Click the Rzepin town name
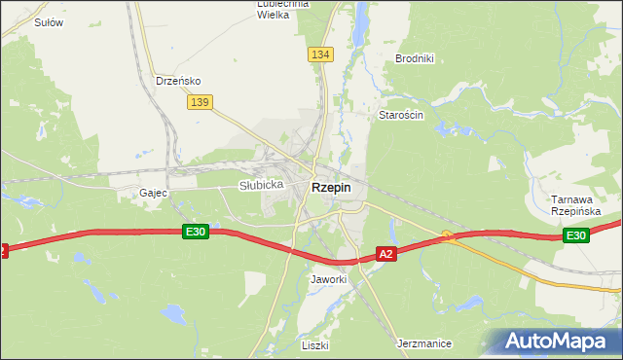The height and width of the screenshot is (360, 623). (331, 187)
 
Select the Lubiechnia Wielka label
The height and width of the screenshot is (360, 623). (282, 9)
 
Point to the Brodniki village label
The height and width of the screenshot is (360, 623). (414, 58)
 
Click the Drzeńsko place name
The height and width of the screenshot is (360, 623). (178, 81)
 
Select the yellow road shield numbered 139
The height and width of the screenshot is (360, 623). (202, 102)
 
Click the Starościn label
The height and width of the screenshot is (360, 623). (400, 115)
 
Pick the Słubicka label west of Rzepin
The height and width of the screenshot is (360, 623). (261, 185)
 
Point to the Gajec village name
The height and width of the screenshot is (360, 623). (154, 193)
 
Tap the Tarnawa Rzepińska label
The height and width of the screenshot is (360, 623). (575, 204)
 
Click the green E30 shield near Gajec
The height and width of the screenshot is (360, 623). (195, 231)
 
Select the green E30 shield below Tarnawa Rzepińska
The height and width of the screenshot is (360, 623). (575, 235)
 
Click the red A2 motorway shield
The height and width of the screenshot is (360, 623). (386, 254)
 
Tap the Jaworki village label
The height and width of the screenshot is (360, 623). (328, 279)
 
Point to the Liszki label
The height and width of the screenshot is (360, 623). (314, 345)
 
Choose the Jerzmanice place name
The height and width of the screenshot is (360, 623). (425, 343)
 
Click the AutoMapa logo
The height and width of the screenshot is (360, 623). (554, 341)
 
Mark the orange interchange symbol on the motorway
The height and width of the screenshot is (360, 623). (447, 234)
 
